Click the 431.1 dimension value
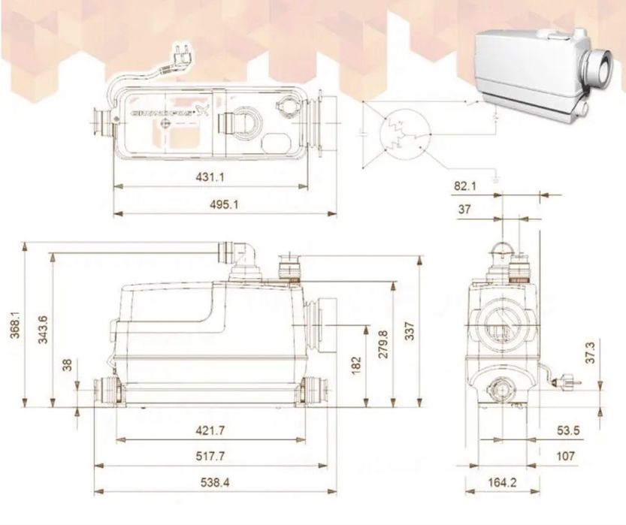click(x=211, y=177)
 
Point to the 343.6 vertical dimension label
click(x=43, y=329)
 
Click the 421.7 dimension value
click(x=210, y=430)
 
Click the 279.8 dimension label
click(x=383, y=344)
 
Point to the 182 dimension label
click(x=355, y=365)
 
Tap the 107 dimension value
click(x=566, y=456)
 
